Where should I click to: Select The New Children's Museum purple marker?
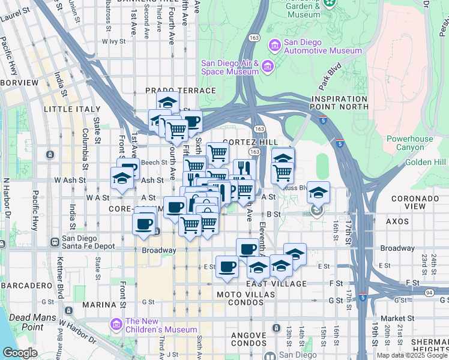[116, 325]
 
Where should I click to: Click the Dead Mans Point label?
[26, 322]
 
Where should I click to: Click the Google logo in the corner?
[20, 353]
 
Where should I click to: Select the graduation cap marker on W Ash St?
[121, 178]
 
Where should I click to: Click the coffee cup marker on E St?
[226, 266]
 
